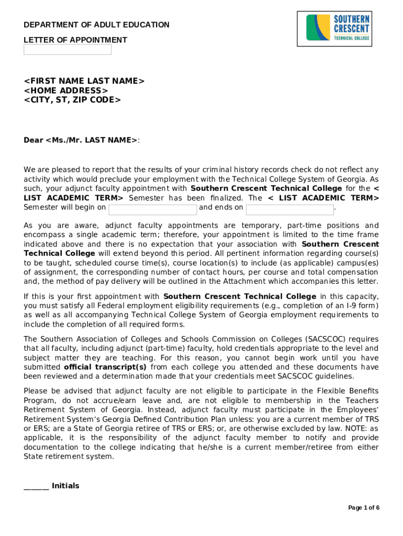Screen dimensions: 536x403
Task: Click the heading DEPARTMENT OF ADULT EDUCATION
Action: pos(97,25)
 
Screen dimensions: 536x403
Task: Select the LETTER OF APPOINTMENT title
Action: pos(75,40)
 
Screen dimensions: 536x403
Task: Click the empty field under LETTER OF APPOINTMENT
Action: pos(68,50)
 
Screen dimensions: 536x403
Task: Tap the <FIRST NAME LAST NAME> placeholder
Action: pos(84,81)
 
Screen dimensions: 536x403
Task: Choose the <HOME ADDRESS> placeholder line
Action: pos(66,90)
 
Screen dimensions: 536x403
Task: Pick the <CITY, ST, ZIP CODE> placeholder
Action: pos(72,99)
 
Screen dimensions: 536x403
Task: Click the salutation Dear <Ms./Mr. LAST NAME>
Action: pos(81,140)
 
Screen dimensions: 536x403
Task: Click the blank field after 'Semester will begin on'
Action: pos(153,209)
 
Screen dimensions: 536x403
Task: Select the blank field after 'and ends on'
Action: pos(289,209)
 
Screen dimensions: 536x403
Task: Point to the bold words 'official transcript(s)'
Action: pos(105,367)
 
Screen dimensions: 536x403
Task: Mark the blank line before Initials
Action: pos(36,486)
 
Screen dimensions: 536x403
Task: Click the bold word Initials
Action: pos(65,486)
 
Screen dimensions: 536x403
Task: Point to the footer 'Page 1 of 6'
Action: pos(364,508)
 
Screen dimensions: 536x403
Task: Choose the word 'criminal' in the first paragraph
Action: pos(209,169)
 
